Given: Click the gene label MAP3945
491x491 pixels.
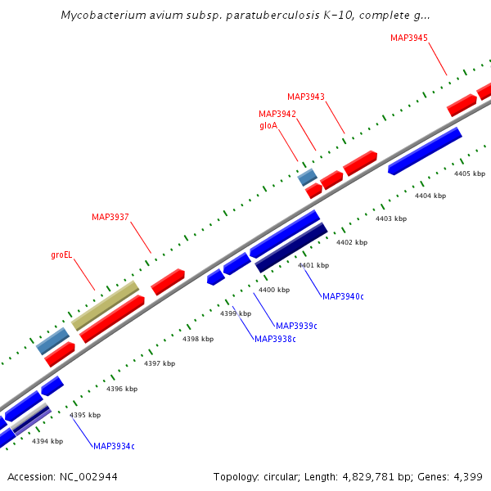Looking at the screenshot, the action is pyautogui.click(x=409, y=38).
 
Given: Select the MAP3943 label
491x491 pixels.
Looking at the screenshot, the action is pyautogui.click(x=306, y=97).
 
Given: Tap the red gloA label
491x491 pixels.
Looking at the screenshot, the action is pyautogui.click(x=269, y=126).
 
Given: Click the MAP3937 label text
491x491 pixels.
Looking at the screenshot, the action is pyautogui.click(x=110, y=217).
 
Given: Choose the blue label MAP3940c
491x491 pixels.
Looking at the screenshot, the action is pyautogui.click(x=343, y=296).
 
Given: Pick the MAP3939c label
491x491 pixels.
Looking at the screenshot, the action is pyautogui.click(x=296, y=326).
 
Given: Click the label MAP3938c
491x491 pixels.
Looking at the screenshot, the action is pyautogui.click(x=275, y=339).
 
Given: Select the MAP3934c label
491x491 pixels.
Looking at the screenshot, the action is pyautogui.click(x=114, y=446).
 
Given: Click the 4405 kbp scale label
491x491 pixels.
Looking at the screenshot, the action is pyautogui.click(x=470, y=173).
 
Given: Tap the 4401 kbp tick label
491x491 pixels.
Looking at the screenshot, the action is pyautogui.click(x=313, y=265).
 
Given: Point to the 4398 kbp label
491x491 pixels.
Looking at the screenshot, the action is pyautogui.click(x=197, y=339).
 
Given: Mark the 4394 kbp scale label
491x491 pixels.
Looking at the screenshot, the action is pyautogui.click(x=47, y=441).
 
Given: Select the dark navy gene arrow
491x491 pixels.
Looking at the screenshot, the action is pyautogui.click(x=291, y=247).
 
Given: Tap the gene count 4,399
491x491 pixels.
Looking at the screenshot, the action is pyautogui.click(x=468, y=476).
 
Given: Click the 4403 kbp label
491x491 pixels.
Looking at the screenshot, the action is pyautogui.click(x=390, y=218).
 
